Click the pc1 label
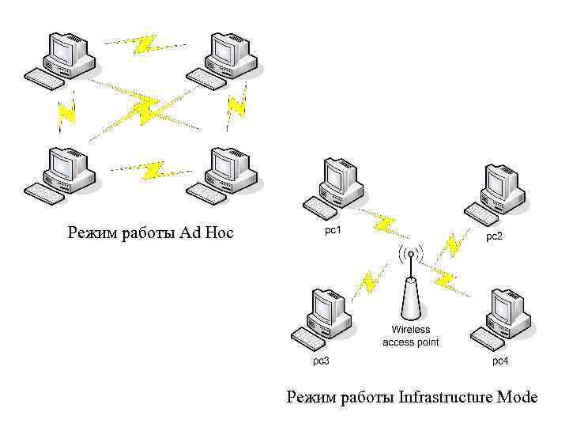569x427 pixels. point(333,231)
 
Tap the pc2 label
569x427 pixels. point(494,236)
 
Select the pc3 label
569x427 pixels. point(320,361)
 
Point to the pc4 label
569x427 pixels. point(500,361)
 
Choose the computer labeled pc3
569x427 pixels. point(322,317)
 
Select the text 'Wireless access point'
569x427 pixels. point(410,335)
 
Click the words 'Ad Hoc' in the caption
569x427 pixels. point(207,232)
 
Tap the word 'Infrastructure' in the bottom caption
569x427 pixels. point(447,396)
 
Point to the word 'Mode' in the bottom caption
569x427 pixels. point(518,396)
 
